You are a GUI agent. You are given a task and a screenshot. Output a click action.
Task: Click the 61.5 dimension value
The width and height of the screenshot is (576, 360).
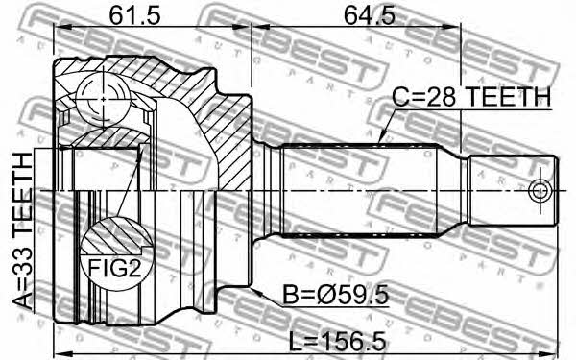tap(134, 15)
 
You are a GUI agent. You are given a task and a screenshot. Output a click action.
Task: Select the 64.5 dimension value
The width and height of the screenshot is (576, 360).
tap(369, 15)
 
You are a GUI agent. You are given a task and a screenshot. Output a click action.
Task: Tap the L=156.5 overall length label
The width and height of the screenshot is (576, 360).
tap(337, 341)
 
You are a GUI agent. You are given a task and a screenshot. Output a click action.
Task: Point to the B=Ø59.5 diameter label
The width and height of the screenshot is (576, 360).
tap(335, 295)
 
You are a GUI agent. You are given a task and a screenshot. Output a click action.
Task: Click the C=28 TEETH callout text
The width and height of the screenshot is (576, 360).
tap(471, 97)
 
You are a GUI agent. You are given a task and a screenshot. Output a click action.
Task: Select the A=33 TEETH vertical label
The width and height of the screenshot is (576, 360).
tap(23, 231)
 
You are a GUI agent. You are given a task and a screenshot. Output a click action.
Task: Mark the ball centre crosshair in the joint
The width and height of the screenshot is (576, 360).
tap(103, 99)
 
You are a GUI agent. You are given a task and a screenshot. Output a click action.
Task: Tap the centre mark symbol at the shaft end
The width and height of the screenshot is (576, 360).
tap(540, 191)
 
